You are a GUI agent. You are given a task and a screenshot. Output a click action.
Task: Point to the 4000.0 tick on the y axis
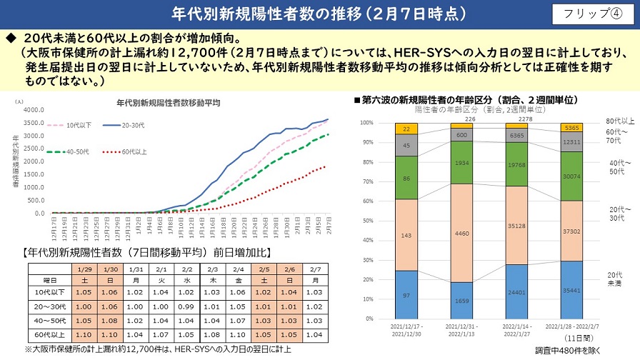pyautogui.click(x=34, y=110)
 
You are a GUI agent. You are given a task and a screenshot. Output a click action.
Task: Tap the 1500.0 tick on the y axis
pyautogui.click(x=34, y=174)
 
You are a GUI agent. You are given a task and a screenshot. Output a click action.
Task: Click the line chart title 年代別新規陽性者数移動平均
pyautogui.click(x=168, y=103)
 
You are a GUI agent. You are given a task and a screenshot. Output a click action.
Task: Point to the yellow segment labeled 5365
pyautogui.click(x=571, y=128)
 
